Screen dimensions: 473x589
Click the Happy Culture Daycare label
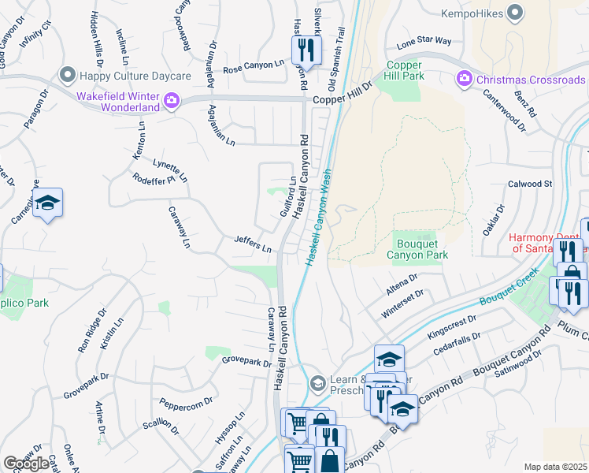click(135, 76)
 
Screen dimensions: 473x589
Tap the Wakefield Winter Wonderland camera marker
click(170, 101)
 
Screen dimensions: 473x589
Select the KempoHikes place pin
click(515, 12)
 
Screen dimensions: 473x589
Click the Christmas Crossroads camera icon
click(464, 80)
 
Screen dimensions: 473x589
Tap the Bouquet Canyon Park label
click(417, 249)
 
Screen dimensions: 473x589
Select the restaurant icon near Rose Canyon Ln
click(303, 51)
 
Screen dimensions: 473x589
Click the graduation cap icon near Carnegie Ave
click(48, 204)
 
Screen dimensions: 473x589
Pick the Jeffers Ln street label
click(253, 244)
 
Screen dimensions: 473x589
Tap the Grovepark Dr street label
click(246, 363)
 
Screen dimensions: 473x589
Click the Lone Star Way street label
click(424, 40)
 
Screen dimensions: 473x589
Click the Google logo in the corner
click(26, 463)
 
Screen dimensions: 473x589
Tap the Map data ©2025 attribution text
click(555, 467)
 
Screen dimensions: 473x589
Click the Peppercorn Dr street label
click(186, 402)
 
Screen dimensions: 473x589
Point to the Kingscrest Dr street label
click(452, 326)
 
